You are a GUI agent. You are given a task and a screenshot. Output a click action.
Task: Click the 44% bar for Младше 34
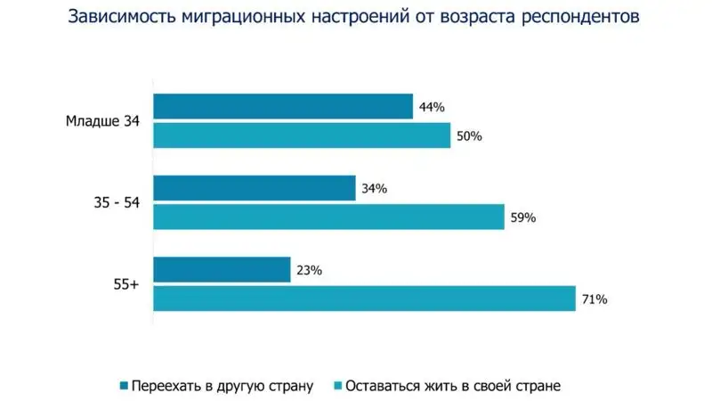click(283, 107)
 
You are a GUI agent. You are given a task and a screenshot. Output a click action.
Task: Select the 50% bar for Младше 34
click(302, 135)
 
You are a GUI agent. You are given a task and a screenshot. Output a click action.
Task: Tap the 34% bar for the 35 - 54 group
click(255, 189)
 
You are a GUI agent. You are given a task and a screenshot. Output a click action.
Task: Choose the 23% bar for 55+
click(222, 270)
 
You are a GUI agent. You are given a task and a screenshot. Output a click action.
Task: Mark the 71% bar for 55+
click(364, 299)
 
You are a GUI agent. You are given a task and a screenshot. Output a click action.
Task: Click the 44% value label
click(431, 108)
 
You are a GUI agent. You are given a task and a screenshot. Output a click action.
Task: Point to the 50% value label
click(468, 136)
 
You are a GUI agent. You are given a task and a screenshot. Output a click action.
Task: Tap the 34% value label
click(374, 189)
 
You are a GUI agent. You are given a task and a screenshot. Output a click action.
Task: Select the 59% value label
click(522, 217)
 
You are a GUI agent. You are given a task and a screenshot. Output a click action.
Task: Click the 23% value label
click(308, 271)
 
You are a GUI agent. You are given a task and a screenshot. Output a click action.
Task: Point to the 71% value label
click(594, 299)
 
